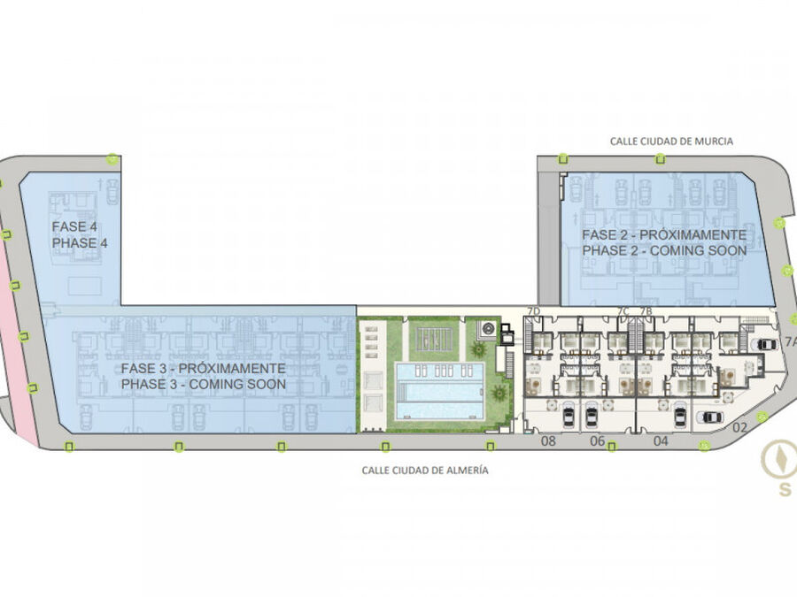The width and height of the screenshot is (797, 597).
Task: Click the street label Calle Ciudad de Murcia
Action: (671, 142)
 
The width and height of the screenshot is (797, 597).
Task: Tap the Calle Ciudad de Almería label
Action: (425, 471)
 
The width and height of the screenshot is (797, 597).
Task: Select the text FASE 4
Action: (74, 226)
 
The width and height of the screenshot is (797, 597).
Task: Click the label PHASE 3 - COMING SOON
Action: (204, 385)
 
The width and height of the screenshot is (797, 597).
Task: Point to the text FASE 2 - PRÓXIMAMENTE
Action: (664, 234)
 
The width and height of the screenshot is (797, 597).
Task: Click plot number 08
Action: (548, 440)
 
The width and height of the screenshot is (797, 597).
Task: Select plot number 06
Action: (597, 440)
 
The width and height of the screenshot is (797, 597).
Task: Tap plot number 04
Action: (661, 440)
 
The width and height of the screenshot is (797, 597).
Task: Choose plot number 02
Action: (739, 427)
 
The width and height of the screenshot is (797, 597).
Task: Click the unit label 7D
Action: (534, 310)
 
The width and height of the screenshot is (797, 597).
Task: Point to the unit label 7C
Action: (623, 310)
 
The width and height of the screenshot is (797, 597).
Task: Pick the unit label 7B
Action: (646, 310)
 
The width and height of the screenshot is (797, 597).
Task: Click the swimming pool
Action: (440, 390)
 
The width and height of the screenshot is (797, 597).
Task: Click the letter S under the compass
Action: (785, 489)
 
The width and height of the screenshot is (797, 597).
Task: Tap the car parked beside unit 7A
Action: (767, 345)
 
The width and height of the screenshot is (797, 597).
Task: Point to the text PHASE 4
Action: (80, 242)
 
